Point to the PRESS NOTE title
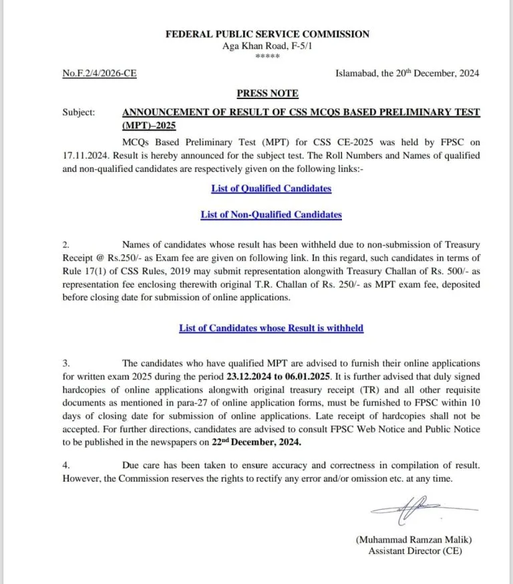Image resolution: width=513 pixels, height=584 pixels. (267, 93)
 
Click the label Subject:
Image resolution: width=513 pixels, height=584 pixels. (79, 112)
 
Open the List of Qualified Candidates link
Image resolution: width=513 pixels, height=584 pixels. (271, 188)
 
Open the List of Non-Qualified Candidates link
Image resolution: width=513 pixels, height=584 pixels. (271, 215)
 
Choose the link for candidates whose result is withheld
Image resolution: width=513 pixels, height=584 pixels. (271, 328)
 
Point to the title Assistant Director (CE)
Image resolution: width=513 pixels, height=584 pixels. (415, 551)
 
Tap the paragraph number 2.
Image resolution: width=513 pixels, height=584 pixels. (65, 246)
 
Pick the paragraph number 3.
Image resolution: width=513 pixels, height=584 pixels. (65, 363)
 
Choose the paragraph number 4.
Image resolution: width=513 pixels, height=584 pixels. (65, 465)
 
